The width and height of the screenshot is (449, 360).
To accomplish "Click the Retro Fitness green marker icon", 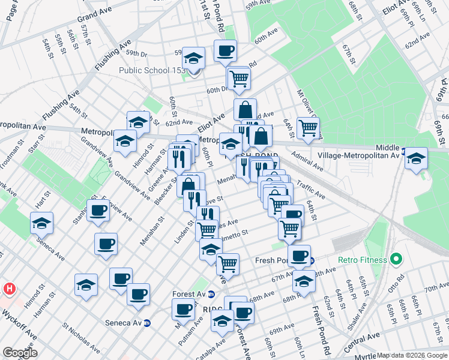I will pyautogui.click(x=396, y=260).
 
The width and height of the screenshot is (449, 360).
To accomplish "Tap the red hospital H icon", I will pyautogui.click(x=9, y=289).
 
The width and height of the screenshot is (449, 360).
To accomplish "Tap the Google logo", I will pyautogui.click(x=20, y=352).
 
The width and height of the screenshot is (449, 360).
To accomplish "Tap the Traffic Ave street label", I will pyautogui.click(x=310, y=191).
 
